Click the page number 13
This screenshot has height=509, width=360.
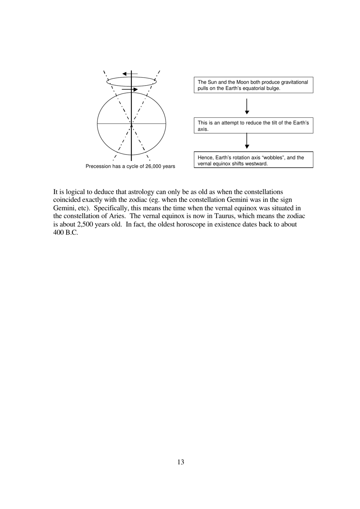click(180, 462)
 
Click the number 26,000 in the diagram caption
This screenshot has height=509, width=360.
click(154, 166)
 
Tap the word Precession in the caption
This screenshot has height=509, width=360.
click(98, 166)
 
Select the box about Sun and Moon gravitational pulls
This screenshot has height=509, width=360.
click(253, 85)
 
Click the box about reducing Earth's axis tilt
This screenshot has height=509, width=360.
click(253, 126)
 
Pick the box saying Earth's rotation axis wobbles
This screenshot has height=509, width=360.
click(253, 160)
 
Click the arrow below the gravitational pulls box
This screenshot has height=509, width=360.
click(247, 107)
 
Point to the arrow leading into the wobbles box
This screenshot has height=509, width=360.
click(247, 141)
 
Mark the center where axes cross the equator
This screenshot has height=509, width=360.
click(131, 123)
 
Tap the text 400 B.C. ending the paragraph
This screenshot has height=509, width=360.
click(66, 233)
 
